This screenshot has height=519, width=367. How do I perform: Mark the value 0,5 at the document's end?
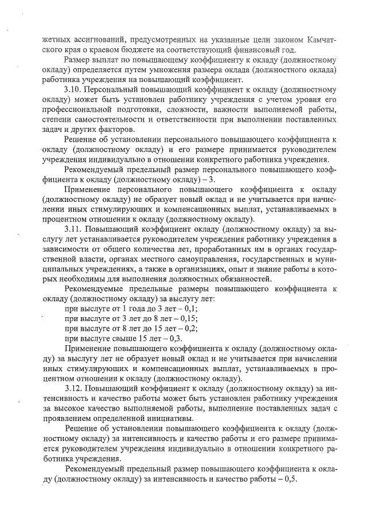tap(284, 479)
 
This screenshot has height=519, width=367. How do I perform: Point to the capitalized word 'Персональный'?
tap(115, 89)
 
